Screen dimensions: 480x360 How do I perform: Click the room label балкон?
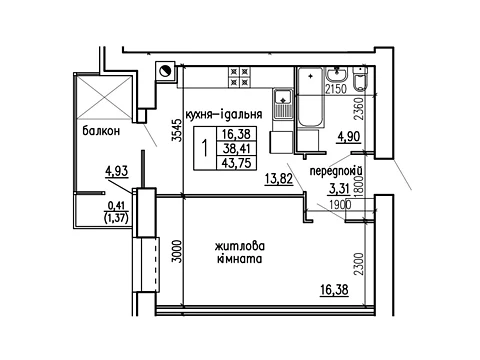coord(101,131)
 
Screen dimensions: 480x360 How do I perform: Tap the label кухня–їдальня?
coord(223,114)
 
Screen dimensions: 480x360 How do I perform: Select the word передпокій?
coord(336,171)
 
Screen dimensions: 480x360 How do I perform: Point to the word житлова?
coord(240,247)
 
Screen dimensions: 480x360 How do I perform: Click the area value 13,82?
coord(279,179)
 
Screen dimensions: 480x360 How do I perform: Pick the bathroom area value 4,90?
coord(349,137)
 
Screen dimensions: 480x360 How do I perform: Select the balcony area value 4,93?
coord(117,172)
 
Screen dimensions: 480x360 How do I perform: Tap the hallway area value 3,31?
coord(340,189)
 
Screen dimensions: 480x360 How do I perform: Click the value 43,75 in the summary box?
coord(236,163)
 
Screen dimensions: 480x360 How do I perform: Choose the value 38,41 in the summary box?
coord(236,148)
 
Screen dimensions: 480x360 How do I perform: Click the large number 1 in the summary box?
coord(205,148)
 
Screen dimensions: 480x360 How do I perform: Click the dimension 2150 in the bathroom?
coord(336,89)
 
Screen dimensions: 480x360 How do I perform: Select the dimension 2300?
coord(359,264)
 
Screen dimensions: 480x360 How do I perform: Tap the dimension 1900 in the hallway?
coord(340,205)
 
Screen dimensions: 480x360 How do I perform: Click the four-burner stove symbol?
coord(239,77)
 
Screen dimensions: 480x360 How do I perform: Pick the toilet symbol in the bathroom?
coord(360,79)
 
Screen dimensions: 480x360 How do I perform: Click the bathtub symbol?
coord(310,97)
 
